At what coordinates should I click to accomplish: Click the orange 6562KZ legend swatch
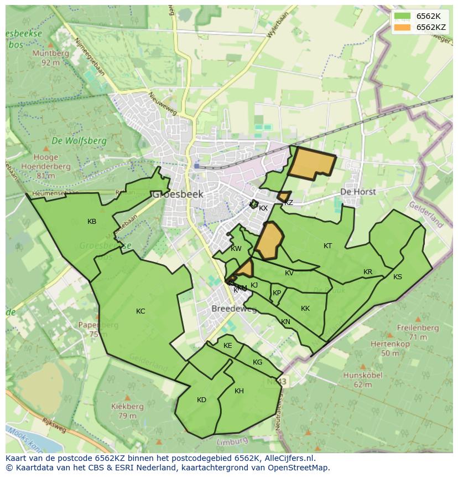tap(402, 27)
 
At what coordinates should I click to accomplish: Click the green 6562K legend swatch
tap(402, 16)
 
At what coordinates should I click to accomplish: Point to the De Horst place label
tap(358, 192)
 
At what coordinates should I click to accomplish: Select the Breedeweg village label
tap(234, 309)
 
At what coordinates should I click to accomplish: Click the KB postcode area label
tap(92, 222)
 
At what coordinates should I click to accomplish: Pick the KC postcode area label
tap(140, 311)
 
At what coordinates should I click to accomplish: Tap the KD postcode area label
tap(201, 400)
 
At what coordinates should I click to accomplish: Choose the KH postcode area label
tap(239, 391)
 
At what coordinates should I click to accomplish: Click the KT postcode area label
tap(328, 246)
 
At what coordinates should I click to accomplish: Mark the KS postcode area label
tap(398, 277)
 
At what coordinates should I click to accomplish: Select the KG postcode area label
tap(257, 362)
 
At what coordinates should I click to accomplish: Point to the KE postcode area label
tap(228, 346)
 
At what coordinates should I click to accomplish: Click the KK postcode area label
tap(305, 309)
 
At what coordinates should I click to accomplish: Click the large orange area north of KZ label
tap(313, 162)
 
